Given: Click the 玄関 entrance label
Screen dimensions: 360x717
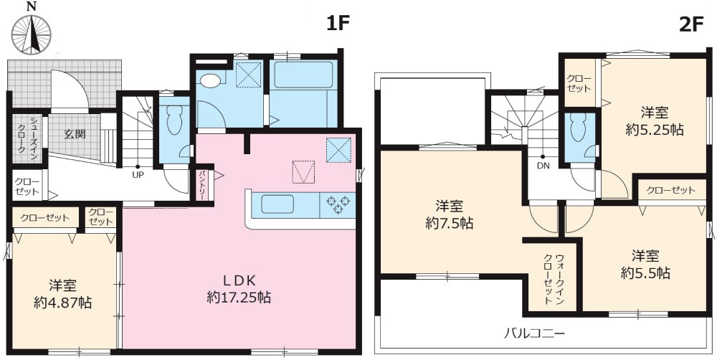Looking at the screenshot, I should coord(75,133).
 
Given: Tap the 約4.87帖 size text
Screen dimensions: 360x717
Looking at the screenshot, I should coord(63,303).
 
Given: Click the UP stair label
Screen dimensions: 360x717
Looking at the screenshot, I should coord(136,174).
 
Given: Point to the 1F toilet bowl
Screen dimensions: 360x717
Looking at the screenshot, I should coord(173,123).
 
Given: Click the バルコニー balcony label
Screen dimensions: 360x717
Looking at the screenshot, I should coord(534,333).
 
